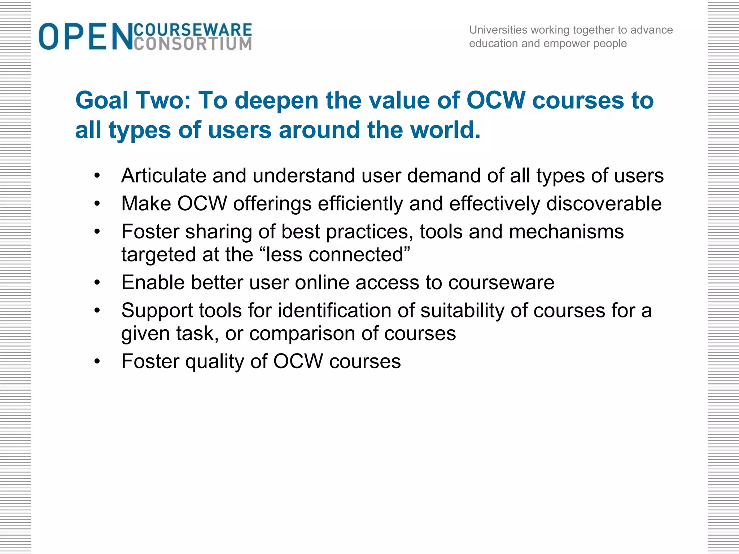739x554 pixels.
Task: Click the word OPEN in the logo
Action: click(x=86, y=36)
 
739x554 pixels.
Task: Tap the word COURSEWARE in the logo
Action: click(x=193, y=30)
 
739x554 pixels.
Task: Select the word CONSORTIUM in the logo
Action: click(x=193, y=44)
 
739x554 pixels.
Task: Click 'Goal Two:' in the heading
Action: click(x=133, y=100)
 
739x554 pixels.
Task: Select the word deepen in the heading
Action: click(x=276, y=100)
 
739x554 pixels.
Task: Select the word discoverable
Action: click(x=604, y=203)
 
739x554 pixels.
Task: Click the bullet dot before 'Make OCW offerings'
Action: click(x=97, y=204)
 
